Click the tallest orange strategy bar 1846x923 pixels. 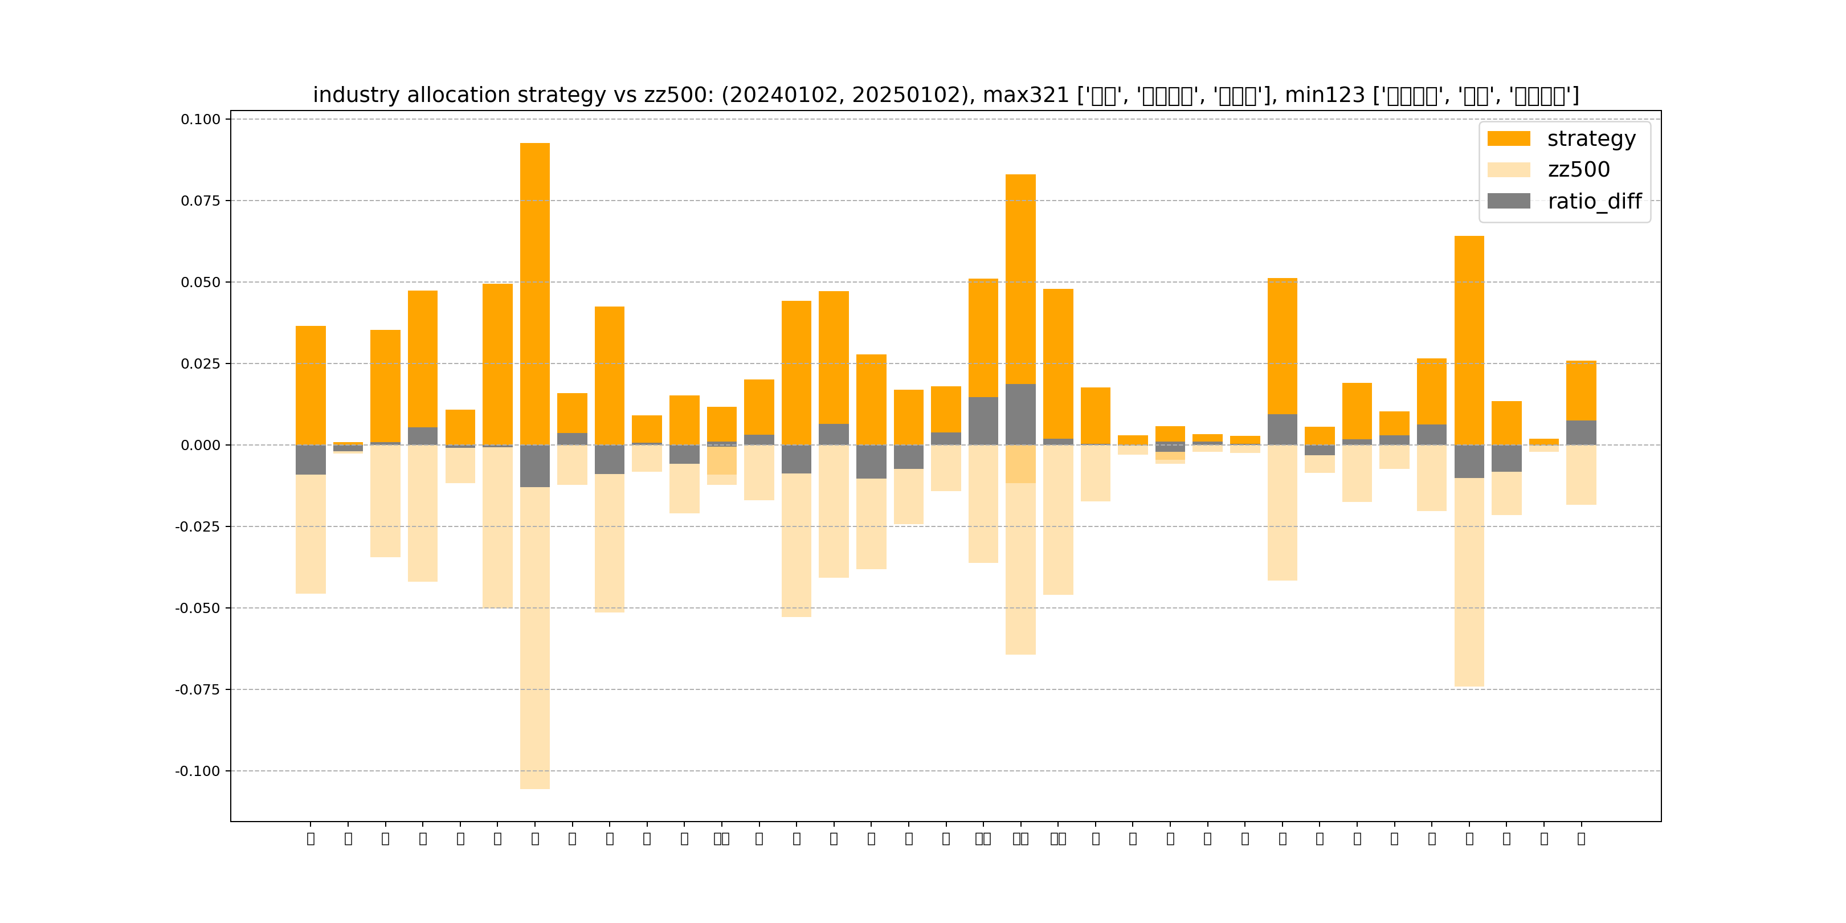click(534, 294)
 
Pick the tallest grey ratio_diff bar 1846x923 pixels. click(1020, 414)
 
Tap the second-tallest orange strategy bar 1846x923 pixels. click(1020, 280)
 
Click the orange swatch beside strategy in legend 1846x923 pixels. click(1509, 139)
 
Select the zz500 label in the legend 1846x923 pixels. click(1579, 170)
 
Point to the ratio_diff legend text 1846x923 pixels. click(1595, 201)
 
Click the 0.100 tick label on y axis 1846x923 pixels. click(201, 120)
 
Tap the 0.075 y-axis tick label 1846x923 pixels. click(201, 201)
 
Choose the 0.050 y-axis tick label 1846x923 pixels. click(201, 283)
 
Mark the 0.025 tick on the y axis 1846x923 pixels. click(201, 364)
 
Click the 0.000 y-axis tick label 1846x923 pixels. click(201, 445)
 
